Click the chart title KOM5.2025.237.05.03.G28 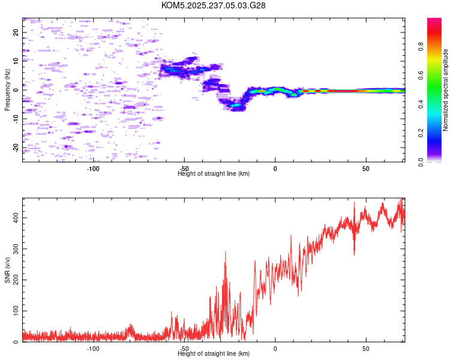(214, 5)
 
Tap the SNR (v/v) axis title (7, 271)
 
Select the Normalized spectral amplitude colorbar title (446, 90)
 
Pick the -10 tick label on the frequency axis (16, 119)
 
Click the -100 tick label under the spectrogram (93, 168)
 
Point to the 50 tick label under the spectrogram (366, 168)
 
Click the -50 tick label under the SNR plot (184, 348)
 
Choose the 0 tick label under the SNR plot (275, 348)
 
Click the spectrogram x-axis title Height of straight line (214, 173)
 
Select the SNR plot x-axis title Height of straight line (214, 353)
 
